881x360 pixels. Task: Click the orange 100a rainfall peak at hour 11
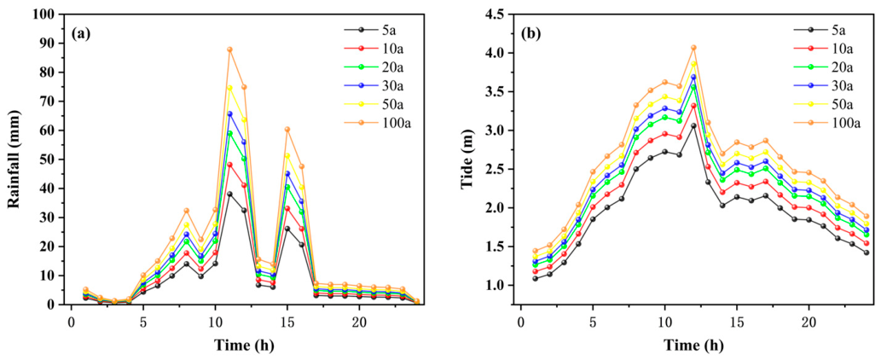(214, 49)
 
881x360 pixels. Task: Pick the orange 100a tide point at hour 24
(867, 216)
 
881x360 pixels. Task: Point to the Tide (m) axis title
(467, 160)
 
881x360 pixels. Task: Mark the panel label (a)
(82, 32)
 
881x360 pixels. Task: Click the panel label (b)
(531, 32)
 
